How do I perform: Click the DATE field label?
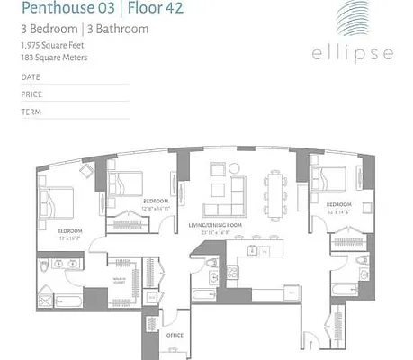pos(31,77)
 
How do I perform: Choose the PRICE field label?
pos(31,94)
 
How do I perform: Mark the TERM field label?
pos(31,112)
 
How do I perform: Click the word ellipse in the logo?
pos(353,53)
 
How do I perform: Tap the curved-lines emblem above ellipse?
pos(354,22)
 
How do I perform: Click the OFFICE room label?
pos(175,336)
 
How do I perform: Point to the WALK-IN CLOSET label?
pos(119,280)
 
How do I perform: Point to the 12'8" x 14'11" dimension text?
pos(156,208)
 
